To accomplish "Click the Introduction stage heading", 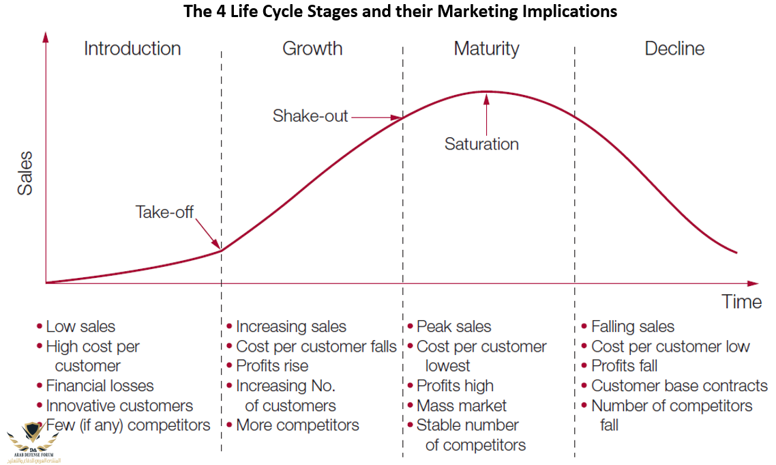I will tap(132, 49).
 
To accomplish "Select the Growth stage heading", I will tap(312, 49).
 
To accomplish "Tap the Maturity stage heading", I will tap(486, 49).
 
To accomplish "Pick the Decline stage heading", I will tap(674, 49).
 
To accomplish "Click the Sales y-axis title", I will tap(25, 174).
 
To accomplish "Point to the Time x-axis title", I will tap(742, 302).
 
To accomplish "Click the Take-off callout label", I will tap(165, 212).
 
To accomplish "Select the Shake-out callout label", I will tap(310, 116).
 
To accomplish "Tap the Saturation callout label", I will tap(481, 144).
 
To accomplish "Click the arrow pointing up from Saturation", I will tap(486, 113).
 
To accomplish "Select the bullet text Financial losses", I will tap(100, 386).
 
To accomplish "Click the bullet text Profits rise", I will tap(272, 366).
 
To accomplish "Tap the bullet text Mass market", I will tap(462, 406).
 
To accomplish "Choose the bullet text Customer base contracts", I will tap(679, 386).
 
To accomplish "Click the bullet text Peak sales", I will tap(453, 327).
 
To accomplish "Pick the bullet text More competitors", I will tap(297, 425).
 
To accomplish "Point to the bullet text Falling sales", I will tap(632, 327).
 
